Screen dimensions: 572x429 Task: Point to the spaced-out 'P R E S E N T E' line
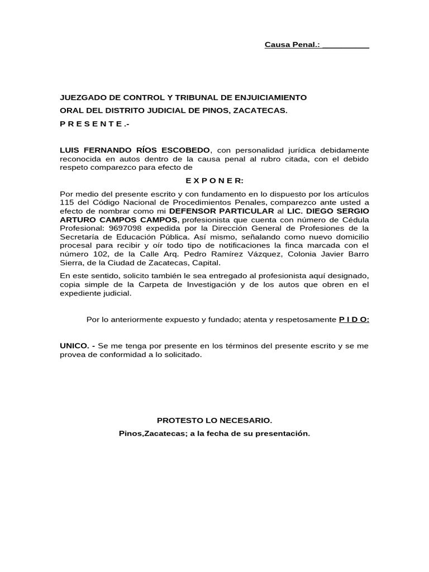coord(94,123)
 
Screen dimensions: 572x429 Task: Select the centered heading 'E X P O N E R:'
coord(214,180)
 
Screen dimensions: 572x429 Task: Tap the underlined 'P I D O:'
coord(354,320)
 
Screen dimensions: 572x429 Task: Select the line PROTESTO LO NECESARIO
coord(214,420)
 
